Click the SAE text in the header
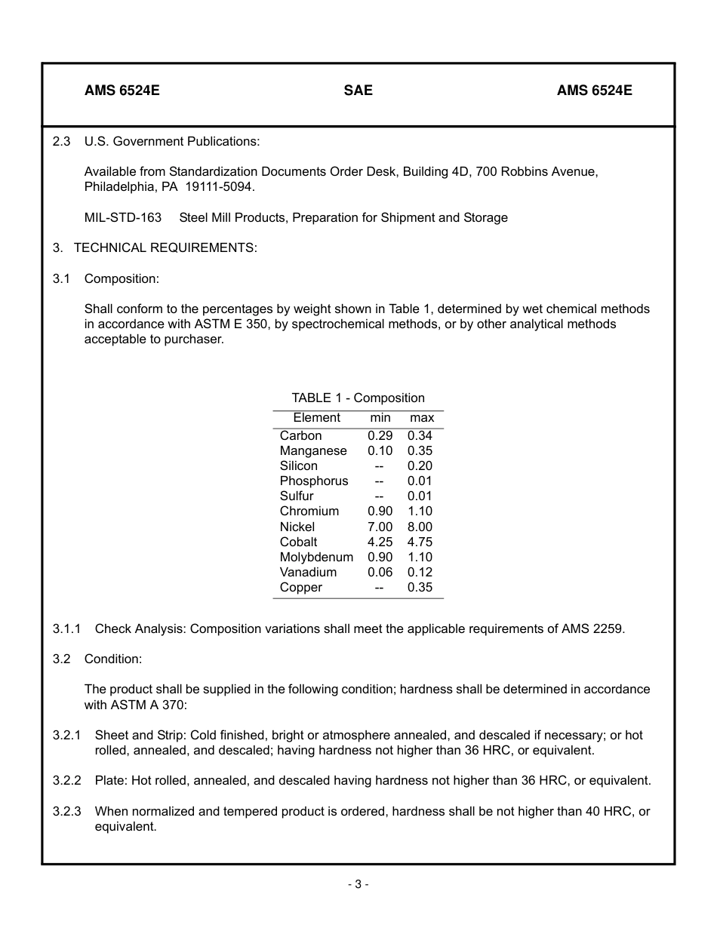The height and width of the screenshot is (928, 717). [x=358, y=91]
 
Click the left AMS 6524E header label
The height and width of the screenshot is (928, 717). [x=122, y=91]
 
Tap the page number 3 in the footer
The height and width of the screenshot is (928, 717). [x=358, y=884]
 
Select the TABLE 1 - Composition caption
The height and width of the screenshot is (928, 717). [x=358, y=398]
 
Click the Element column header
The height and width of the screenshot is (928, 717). [x=316, y=417]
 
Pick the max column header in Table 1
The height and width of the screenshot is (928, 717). [x=421, y=417]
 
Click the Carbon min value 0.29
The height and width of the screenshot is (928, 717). [x=380, y=435]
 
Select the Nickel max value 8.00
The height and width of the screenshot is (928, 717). [x=420, y=527]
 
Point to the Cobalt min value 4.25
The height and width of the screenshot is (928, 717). [x=380, y=542]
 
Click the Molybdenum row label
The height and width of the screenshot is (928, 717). [x=316, y=557]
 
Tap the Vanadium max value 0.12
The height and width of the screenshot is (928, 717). [x=420, y=572]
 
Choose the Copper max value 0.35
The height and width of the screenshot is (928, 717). [x=420, y=587]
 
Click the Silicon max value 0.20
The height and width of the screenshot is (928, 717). [x=420, y=466]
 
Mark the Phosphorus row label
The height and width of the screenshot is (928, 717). [x=314, y=481]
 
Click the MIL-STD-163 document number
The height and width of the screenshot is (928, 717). [x=123, y=217]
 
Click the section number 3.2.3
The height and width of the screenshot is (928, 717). [x=66, y=811]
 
